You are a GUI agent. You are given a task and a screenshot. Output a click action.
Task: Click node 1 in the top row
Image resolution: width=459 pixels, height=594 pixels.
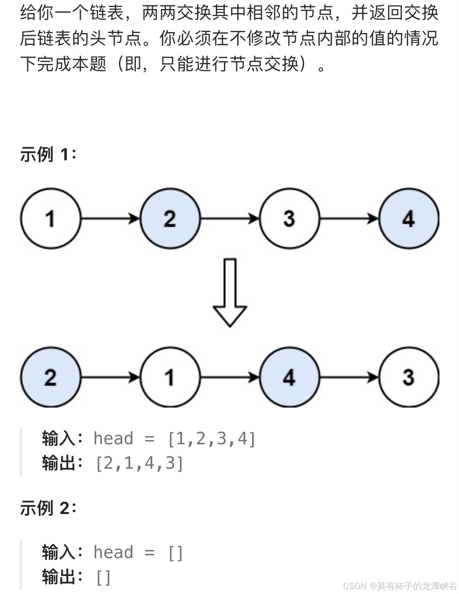tap(51, 218)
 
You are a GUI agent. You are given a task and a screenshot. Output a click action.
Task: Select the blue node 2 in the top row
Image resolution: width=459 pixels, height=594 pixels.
tap(170, 218)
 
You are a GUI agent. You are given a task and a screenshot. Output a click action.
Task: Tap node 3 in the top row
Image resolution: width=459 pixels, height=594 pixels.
tap(289, 218)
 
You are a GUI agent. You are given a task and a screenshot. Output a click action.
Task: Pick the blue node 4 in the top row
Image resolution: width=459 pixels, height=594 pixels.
tap(408, 218)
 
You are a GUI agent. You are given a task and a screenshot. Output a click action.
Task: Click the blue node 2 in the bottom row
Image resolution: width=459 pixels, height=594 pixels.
tap(51, 377)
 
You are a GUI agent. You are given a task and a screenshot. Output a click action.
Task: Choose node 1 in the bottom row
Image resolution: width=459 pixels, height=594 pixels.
tap(170, 377)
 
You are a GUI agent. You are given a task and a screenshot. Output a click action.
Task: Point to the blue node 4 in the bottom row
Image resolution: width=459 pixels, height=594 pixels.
tap(289, 377)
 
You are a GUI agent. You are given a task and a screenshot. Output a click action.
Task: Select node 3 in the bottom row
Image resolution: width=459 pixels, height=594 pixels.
tap(408, 377)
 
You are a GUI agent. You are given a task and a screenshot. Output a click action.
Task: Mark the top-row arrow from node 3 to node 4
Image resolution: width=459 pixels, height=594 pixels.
tap(349, 219)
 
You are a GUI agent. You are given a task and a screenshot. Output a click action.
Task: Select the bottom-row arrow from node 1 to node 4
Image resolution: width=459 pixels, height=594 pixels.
tap(230, 377)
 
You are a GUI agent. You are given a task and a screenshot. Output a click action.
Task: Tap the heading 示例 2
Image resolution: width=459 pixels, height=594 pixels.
tap(48, 508)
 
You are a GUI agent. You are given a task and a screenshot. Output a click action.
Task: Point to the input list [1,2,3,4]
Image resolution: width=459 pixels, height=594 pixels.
tap(212, 439)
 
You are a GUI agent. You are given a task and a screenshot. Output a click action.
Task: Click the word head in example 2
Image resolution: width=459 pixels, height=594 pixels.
tap(113, 552)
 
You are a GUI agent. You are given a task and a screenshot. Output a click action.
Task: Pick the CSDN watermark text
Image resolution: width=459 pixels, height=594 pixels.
tap(400, 586)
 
